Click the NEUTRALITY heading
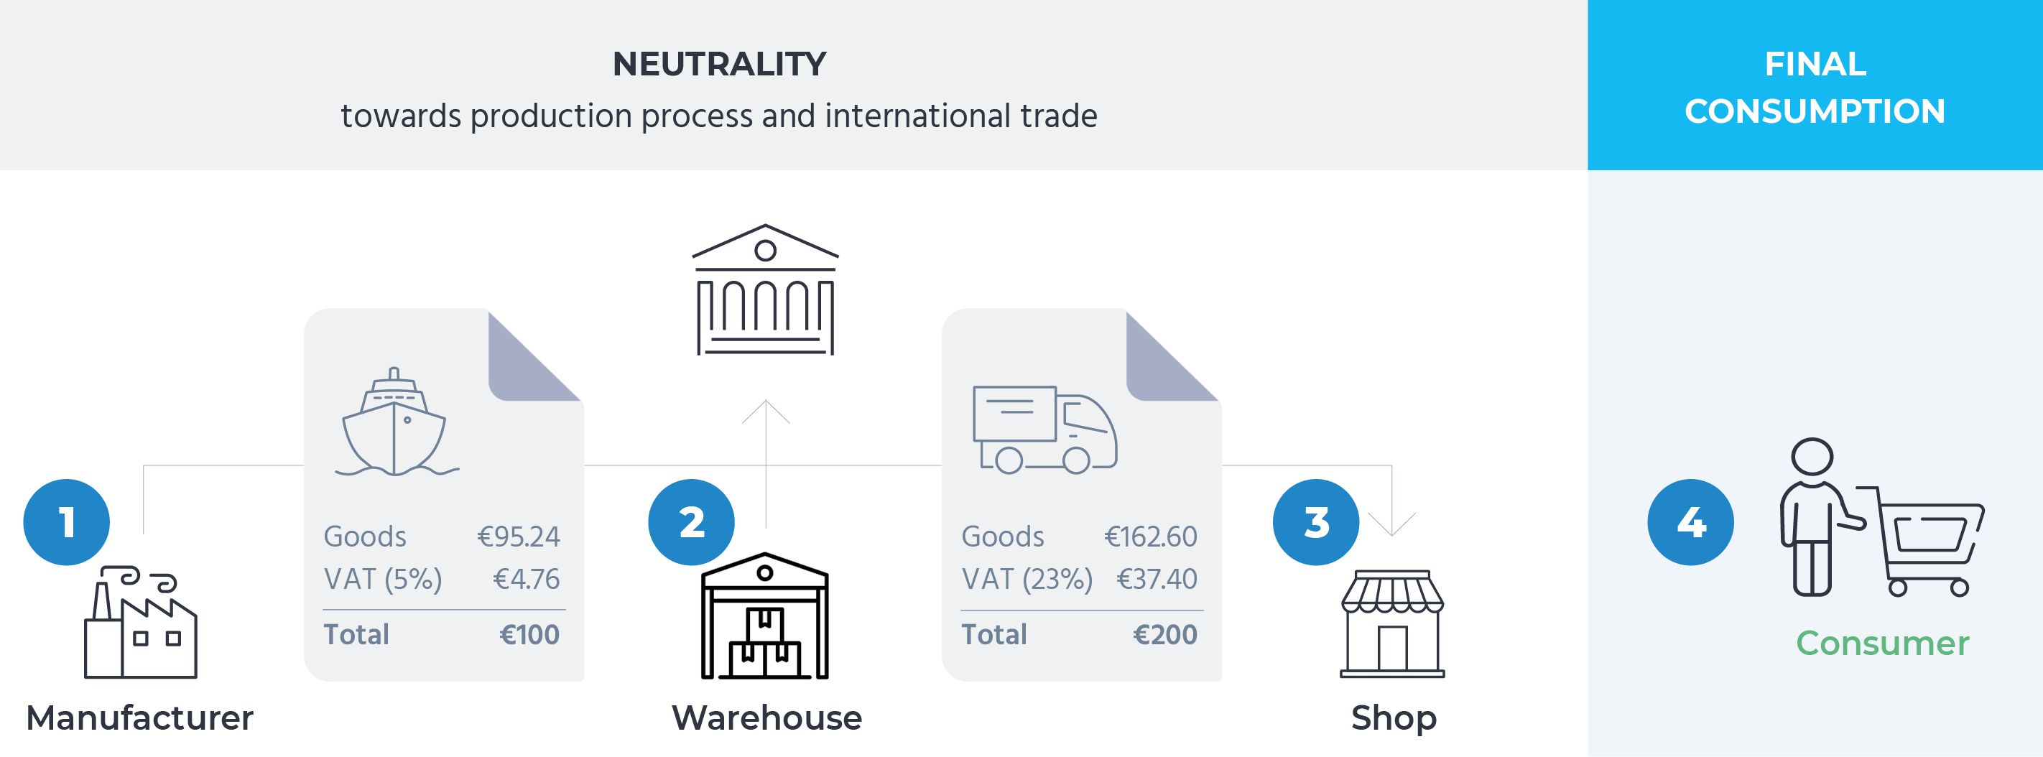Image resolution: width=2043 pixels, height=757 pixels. [718, 64]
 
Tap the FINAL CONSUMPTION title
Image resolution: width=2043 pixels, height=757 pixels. [1815, 87]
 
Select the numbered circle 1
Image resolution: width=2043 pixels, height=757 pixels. [67, 522]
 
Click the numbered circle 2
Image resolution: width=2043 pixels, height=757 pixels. [691, 522]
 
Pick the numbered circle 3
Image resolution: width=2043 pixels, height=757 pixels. [1316, 522]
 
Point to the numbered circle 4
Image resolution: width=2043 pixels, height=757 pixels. [1690, 522]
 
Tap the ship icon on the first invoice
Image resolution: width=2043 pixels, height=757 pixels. [395, 423]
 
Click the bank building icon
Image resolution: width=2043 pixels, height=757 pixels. [765, 290]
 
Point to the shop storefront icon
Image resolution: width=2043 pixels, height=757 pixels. [1392, 626]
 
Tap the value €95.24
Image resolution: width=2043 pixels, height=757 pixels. [518, 537]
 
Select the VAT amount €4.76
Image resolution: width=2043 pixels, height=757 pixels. [526, 580]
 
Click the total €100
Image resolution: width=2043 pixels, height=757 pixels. [529, 635]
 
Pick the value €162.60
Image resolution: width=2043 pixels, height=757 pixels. [1150, 537]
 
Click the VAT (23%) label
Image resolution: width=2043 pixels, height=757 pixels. [1027, 580]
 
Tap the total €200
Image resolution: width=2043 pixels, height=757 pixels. [1164, 635]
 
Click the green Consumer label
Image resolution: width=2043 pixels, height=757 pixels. [1882, 643]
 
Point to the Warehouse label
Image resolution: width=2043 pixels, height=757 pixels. [766, 718]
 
